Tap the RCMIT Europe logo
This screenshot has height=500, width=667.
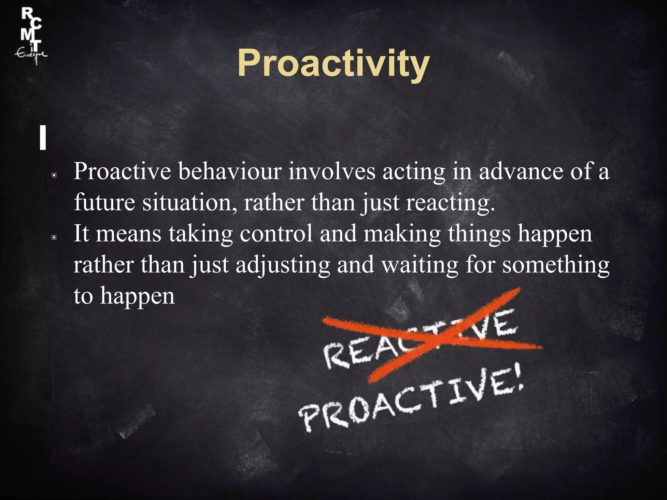[31, 36]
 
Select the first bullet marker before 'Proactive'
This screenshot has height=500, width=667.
[54, 175]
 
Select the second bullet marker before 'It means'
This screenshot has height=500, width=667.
[54, 238]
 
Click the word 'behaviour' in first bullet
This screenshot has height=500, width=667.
[230, 172]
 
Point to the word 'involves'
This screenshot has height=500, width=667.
[332, 172]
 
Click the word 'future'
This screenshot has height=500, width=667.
[104, 202]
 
